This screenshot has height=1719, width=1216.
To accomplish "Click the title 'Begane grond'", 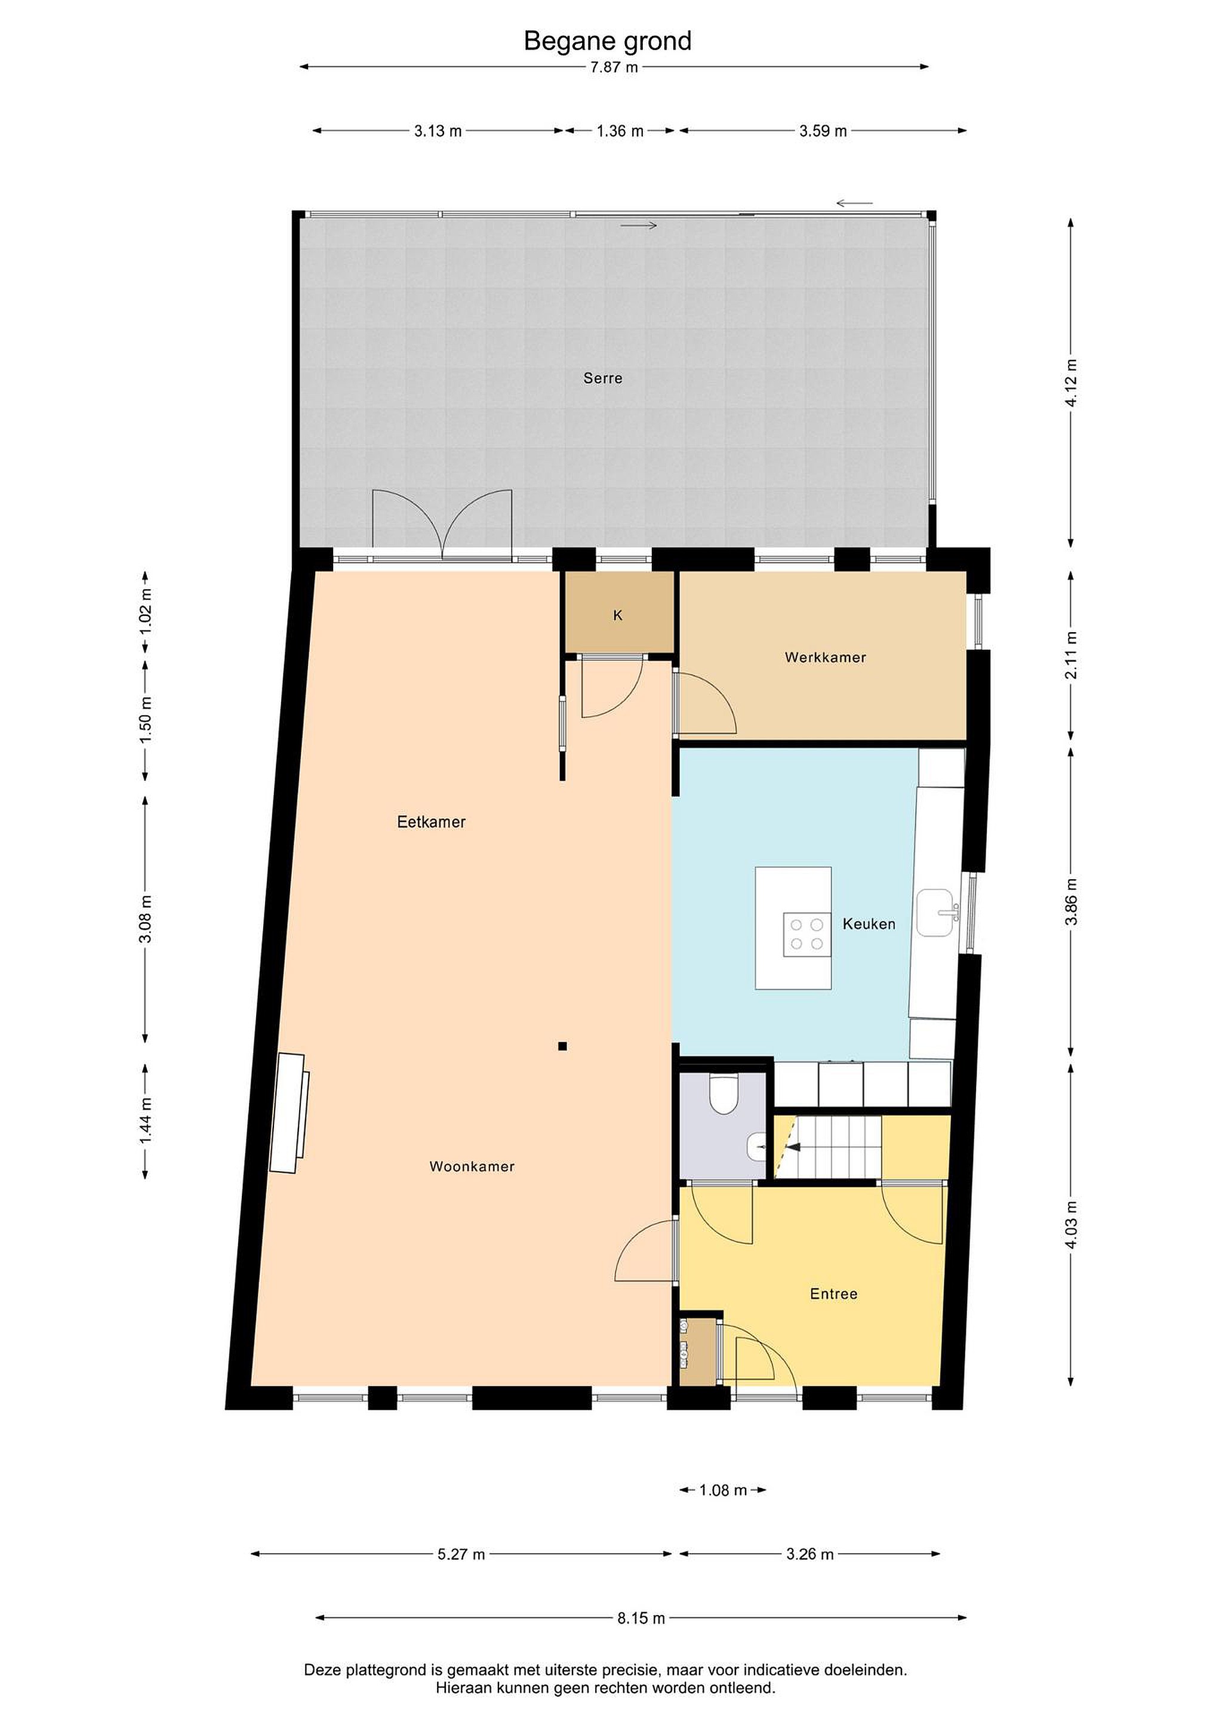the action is click(x=607, y=41).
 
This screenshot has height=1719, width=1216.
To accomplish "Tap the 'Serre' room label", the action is click(x=603, y=378).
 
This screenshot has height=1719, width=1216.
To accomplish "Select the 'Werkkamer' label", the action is click(x=825, y=657).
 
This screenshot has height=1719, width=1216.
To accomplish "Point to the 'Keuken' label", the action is click(x=869, y=924).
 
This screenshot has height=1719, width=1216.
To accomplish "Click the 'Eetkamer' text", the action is click(x=431, y=822).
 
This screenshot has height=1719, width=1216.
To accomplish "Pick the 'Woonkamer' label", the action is click(x=472, y=1166).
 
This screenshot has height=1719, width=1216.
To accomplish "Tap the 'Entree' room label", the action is click(x=833, y=1294).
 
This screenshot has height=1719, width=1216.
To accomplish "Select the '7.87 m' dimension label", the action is click(x=614, y=67).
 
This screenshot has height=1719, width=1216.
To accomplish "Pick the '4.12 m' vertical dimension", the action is click(x=1072, y=383).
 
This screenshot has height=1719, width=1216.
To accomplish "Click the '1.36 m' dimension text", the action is click(x=620, y=131).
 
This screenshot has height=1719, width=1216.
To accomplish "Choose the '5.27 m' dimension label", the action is click(x=461, y=1554).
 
